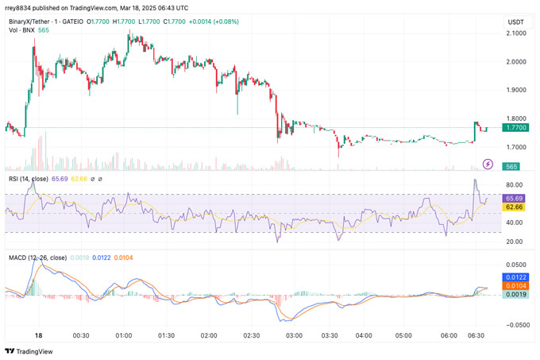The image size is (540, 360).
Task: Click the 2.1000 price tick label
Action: [x=515, y=33]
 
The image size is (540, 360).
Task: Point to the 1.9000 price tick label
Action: [x=515, y=91]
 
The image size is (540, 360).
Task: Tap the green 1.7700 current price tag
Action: [x=515, y=127]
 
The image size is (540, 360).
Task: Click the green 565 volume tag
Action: [x=511, y=165]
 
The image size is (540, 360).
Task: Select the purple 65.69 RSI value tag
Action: [x=515, y=197]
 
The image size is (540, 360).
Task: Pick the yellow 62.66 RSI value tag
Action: [x=515, y=207]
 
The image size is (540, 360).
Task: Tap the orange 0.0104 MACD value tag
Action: [x=515, y=285]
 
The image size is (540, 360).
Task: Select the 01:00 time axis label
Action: [x=123, y=336]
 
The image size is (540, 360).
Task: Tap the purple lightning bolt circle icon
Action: [x=488, y=165]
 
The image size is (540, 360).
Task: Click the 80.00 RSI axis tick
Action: [x=515, y=186]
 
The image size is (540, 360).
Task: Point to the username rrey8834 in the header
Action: [x=21, y=8]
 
